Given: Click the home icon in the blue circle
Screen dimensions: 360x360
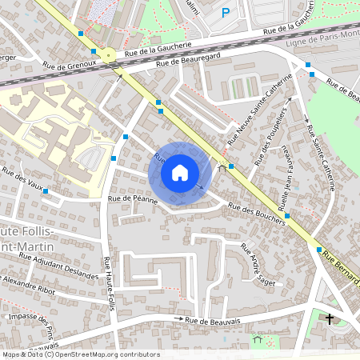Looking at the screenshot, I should pyautogui.click(x=180, y=173).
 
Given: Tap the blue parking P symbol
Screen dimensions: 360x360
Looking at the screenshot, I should pyautogui.click(x=226, y=13).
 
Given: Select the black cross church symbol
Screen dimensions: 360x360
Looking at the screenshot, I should pyautogui.click(x=330, y=319).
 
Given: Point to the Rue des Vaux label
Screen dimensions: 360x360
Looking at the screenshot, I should pyautogui.click(x=22, y=176).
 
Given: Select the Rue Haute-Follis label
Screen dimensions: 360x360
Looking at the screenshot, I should pyautogui.click(x=108, y=280).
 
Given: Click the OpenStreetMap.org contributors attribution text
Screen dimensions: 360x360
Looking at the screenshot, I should pyautogui.click(x=104, y=354).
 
